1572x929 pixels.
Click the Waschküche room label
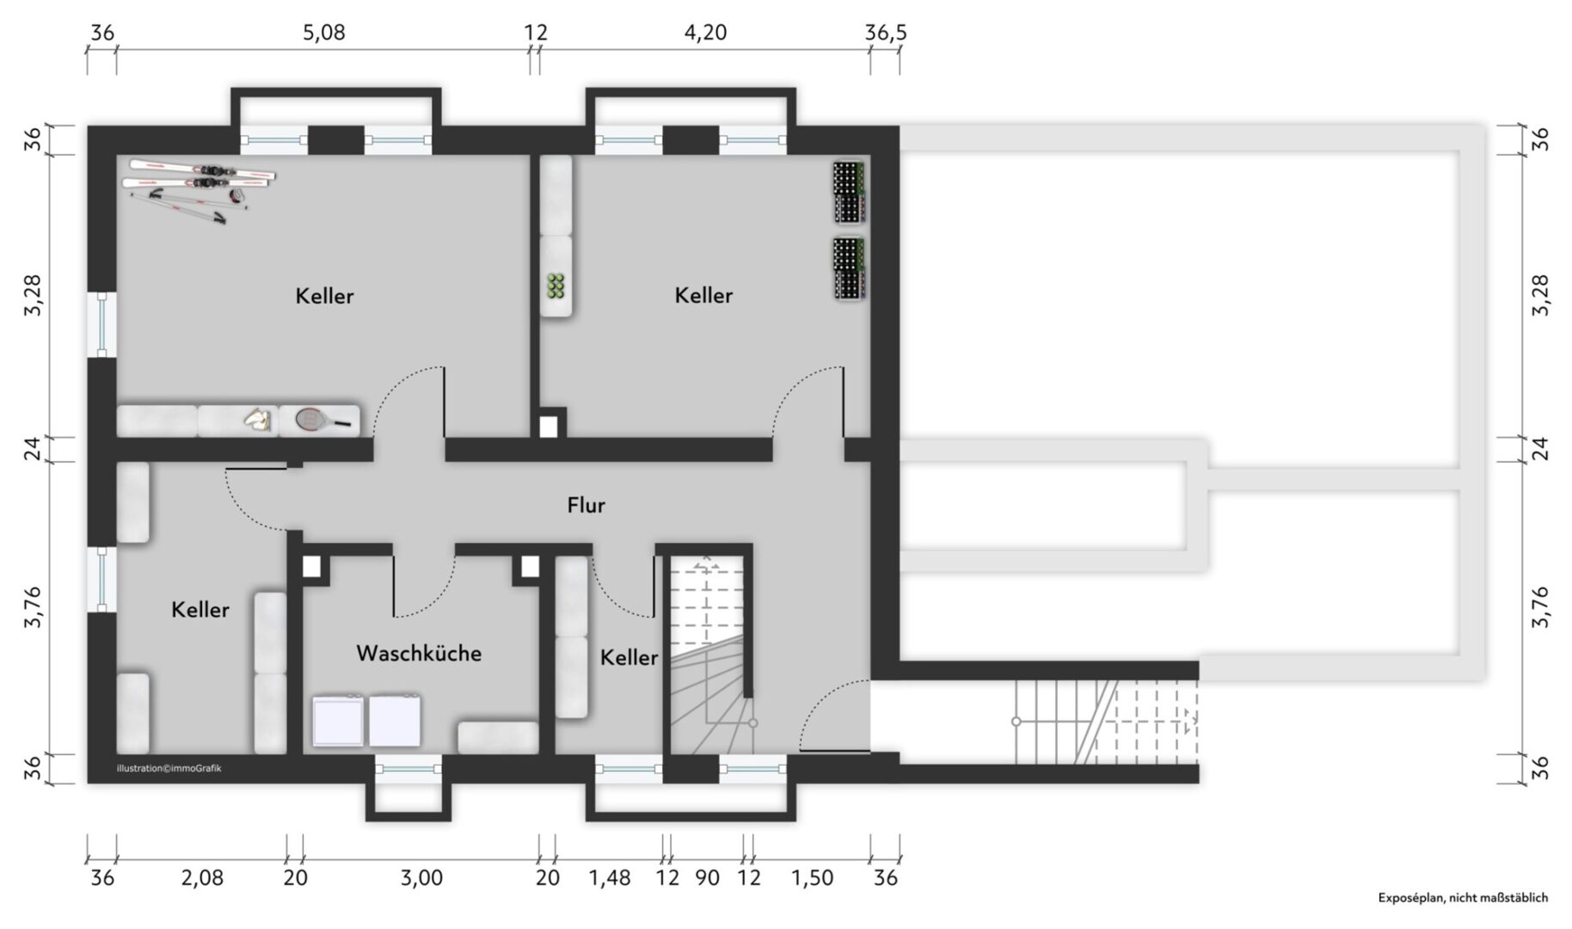[419, 653]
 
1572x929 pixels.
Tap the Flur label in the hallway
[586, 505]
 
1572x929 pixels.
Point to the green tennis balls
[556, 286]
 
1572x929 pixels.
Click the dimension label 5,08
[324, 33]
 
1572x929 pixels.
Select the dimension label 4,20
[705, 33]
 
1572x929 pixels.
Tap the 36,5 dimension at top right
[886, 33]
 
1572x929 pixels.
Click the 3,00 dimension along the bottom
[421, 877]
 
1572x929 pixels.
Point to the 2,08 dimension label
[202, 877]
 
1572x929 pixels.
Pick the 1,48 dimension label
[610, 877]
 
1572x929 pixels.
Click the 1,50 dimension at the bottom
[812, 877]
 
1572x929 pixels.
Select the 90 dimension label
[707, 877]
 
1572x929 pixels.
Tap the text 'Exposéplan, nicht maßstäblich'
[1463, 897]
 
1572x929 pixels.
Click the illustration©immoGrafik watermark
[169, 768]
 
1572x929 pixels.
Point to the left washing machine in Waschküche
[338, 721]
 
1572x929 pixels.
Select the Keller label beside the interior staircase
[629, 657]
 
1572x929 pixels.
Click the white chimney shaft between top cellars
[548, 427]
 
